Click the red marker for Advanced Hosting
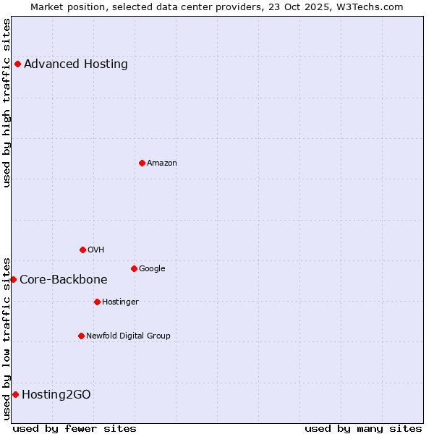17,64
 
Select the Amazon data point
142,163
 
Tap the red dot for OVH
82,250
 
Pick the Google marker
134,268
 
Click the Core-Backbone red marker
13,279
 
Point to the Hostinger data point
97,302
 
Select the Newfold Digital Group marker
81,336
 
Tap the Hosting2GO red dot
15,394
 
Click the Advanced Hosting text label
76,64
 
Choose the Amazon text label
162,163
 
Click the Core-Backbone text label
64,279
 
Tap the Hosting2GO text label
56,394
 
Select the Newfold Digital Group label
129,336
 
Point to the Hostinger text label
120,302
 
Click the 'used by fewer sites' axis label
75,428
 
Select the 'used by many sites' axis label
363,428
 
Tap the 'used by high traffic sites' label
7,103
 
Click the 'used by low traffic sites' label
7,338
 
